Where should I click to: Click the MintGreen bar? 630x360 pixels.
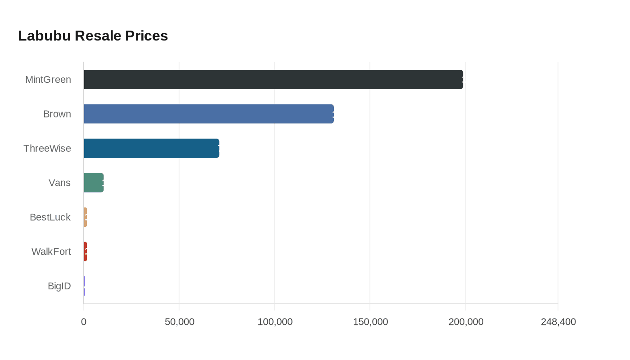click(x=273, y=80)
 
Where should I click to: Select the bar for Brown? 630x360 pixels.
click(x=209, y=114)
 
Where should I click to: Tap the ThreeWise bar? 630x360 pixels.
click(x=151, y=148)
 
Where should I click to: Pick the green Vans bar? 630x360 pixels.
click(x=94, y=183)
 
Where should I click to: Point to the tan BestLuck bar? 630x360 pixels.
click(x=85, y=217)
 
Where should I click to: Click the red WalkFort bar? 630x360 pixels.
click(x=85, y=252)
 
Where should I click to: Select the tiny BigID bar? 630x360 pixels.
click(x=84, y=286)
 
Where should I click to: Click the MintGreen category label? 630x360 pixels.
click(x=48, y=80)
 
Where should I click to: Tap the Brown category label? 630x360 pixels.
click(x=57, y=114)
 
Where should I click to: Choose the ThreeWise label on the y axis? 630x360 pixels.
click(x=47, y=148)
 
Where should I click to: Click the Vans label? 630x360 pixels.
click(x=60, y=183)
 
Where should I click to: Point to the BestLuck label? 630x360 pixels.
click(x=50, y=217)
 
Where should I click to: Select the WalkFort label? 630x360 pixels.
click(x=51, y=252)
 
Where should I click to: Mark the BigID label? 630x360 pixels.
click(x=59, y=286)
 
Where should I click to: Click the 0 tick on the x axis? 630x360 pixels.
click(x=84, y=322)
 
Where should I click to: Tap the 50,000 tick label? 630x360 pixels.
click(x=180, y=322)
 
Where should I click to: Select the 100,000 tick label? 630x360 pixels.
click(x=275, y=322)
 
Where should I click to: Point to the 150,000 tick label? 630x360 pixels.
click(x=370, y=322)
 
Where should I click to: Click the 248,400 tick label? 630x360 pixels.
click(x=558, y=322)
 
